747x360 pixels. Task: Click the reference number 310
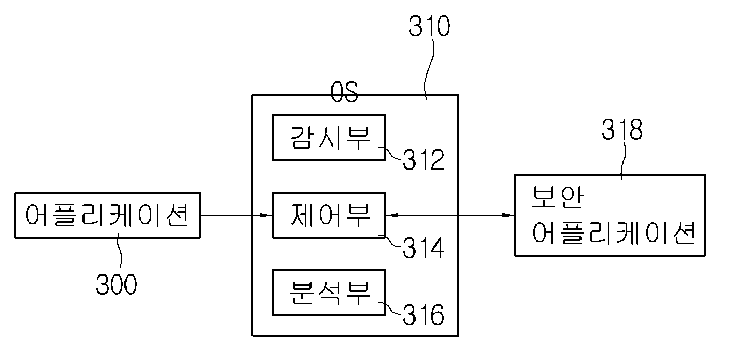[429, 26]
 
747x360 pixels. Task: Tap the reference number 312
[424, 160]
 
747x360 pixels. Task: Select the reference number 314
[424, 248]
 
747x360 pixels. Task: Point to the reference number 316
[424, 314]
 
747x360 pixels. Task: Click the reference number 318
[622, 130]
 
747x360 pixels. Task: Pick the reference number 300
[116, 285]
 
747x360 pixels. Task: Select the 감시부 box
[329, 138]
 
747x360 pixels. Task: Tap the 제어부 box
[329, 215]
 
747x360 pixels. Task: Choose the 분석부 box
[329, 293]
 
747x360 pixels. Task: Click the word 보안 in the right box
[557, 198]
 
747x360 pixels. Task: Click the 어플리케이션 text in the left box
[107, 215]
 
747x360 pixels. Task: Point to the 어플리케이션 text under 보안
[614, 233]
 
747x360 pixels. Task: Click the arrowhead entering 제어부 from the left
[266, 215]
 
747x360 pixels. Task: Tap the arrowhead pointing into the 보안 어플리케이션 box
[508, 215]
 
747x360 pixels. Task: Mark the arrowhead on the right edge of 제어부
[392, 215]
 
